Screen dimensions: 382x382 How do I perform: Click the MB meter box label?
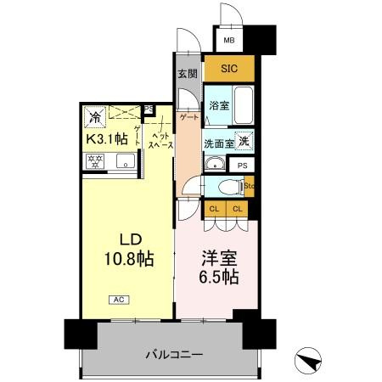click(228, 40)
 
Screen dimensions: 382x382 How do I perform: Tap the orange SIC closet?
click(229, 69)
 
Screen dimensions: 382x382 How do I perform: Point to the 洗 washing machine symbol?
click(244, 142)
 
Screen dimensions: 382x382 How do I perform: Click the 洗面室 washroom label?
click(218, 143)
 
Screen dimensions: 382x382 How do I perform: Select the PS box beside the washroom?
click(243, 166)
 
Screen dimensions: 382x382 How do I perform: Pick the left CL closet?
click(214, 208)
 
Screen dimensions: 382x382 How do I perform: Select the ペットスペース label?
click(161, 141)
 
